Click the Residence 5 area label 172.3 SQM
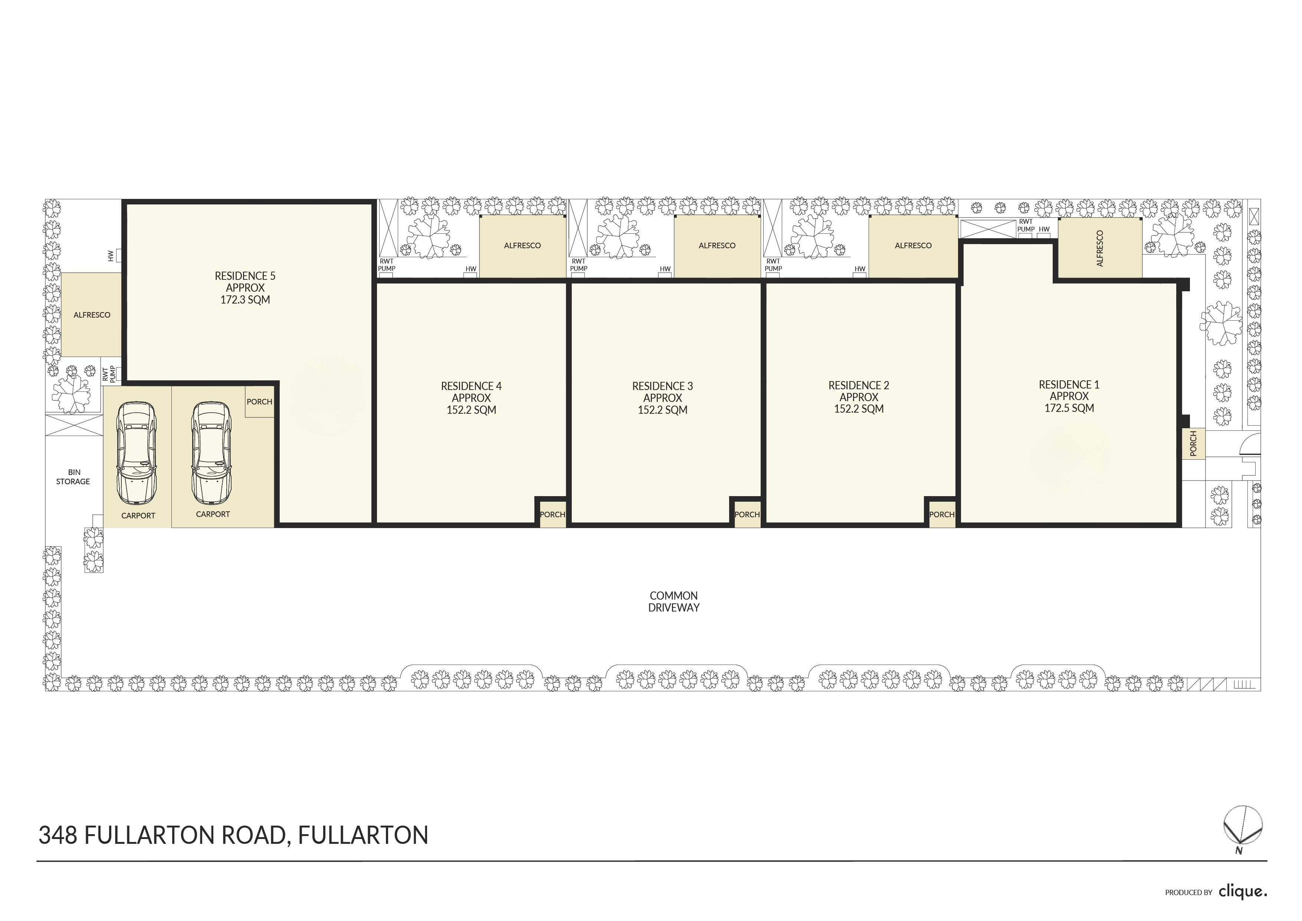tap(245, 299)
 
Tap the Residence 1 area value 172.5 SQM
tap(1069, 408)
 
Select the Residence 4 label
tap(471, 386)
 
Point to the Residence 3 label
tap(662, 386)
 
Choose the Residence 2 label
tap(859, 386)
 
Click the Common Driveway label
tap(674, 602)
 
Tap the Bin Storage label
tap(73, 477)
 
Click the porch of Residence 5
tap(260, 401)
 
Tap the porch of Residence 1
tap(1193, 443)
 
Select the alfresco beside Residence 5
tap(91, 315)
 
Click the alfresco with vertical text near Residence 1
tap(1100, 248)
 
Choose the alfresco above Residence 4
tap(523, 246)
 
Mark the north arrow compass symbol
tap(1243, 826)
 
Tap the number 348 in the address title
tap(58, 835)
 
